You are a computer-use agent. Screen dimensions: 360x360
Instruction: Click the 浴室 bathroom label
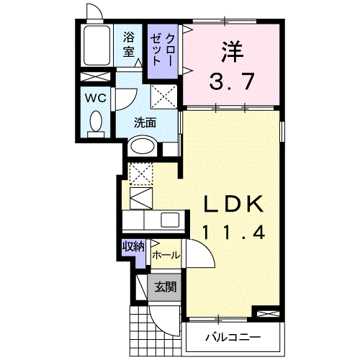coord(129,45)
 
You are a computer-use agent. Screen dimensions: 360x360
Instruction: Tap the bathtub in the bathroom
coord(95,48)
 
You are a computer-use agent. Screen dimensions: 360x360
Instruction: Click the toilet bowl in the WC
coord(95,123)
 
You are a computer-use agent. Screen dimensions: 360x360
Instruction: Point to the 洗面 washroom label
coord(145,122)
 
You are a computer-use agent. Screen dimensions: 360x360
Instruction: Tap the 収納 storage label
coord(132,247)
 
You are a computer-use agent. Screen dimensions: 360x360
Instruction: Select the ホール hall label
coord(166,256)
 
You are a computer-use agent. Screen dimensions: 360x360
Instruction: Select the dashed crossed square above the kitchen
coord(140,174)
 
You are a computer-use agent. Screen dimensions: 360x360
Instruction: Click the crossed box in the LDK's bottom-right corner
coord(266,313)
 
